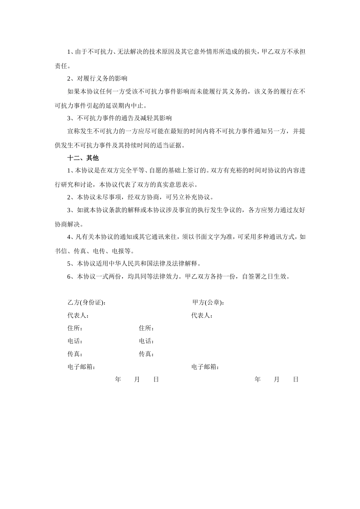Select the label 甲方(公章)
(208, 302)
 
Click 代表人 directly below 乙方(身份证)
(78, 315)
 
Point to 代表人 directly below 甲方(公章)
(202, 315)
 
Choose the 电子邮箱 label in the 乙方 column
(81, 367)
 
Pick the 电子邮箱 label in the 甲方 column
(205, 367)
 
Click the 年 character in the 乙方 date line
(118, 379)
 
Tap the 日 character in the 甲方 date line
(296, 379)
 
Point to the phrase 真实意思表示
(175, 184)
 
